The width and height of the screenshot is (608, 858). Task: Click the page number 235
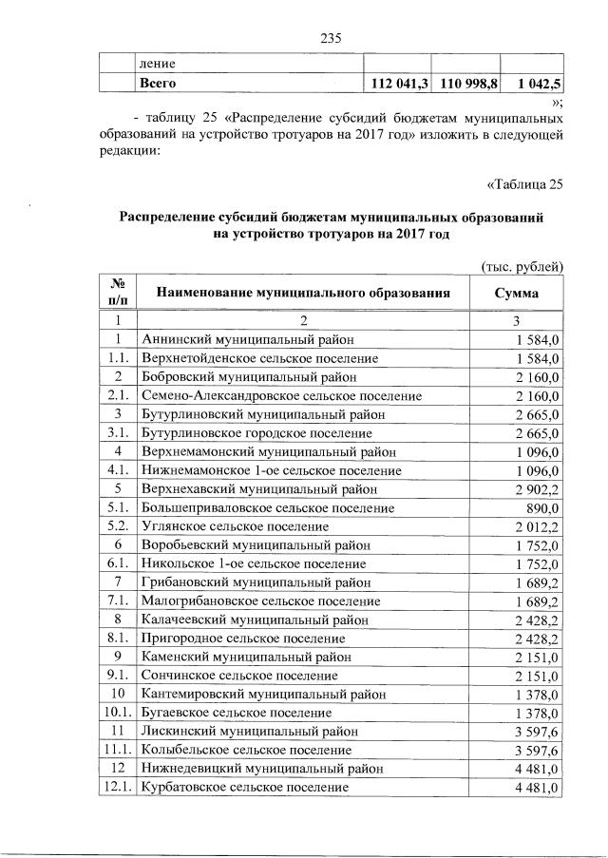tap(331, 38)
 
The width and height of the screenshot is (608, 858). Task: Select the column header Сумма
tap(517, 293)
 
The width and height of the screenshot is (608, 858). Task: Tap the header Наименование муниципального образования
tap(302, 293)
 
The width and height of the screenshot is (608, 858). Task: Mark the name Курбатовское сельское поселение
tap(244, 788)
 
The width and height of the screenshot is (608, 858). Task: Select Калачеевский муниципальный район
tap(249, 620)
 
